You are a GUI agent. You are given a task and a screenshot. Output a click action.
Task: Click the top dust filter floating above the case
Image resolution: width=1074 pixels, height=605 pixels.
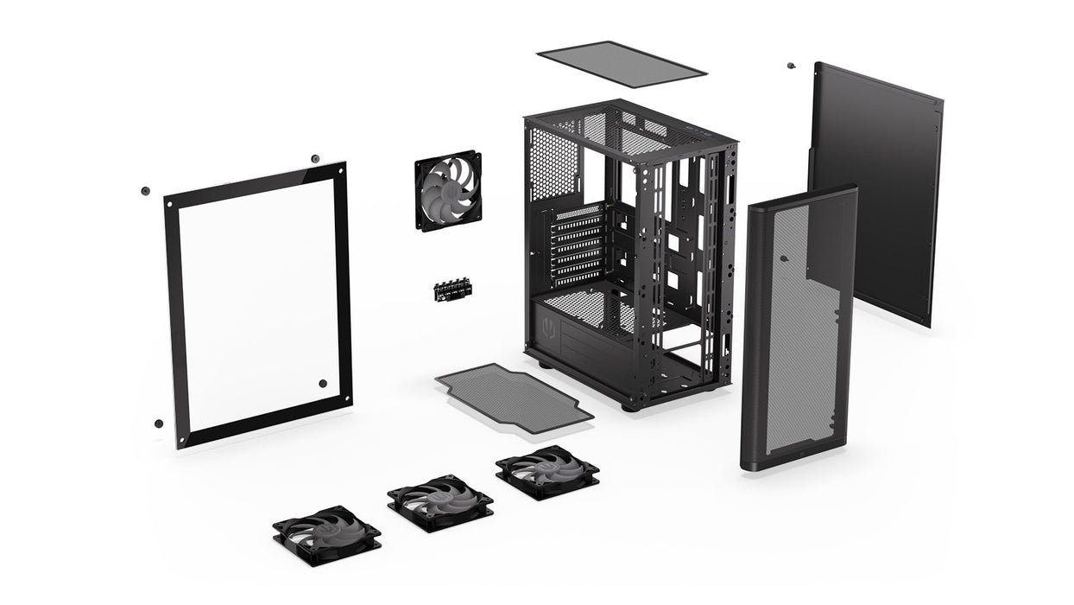[622, 64]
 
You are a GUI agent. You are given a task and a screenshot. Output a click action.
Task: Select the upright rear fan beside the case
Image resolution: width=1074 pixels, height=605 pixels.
[448, 191]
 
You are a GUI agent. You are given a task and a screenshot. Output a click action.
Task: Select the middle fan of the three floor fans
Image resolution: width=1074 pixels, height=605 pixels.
[439, 501]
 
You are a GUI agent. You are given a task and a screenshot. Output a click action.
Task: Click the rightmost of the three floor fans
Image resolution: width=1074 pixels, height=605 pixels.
[547, 472]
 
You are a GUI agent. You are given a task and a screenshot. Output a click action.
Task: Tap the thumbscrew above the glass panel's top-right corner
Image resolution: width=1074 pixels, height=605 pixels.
[315, 159]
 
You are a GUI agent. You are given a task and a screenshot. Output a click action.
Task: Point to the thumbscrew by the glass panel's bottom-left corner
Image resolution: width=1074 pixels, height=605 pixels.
[159, 423]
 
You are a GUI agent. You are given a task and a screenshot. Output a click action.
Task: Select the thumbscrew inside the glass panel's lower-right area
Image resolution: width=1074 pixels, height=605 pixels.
[322, 384]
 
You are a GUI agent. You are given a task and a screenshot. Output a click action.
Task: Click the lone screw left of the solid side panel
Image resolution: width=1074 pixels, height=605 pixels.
[790, 66]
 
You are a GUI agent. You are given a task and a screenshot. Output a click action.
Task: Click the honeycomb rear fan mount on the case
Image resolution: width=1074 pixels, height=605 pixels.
[553, 164]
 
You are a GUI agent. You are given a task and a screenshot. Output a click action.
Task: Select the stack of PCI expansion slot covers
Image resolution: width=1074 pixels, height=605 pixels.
[577, 246]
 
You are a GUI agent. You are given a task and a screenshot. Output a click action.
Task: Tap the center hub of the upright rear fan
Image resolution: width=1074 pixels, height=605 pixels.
[447, 191]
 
